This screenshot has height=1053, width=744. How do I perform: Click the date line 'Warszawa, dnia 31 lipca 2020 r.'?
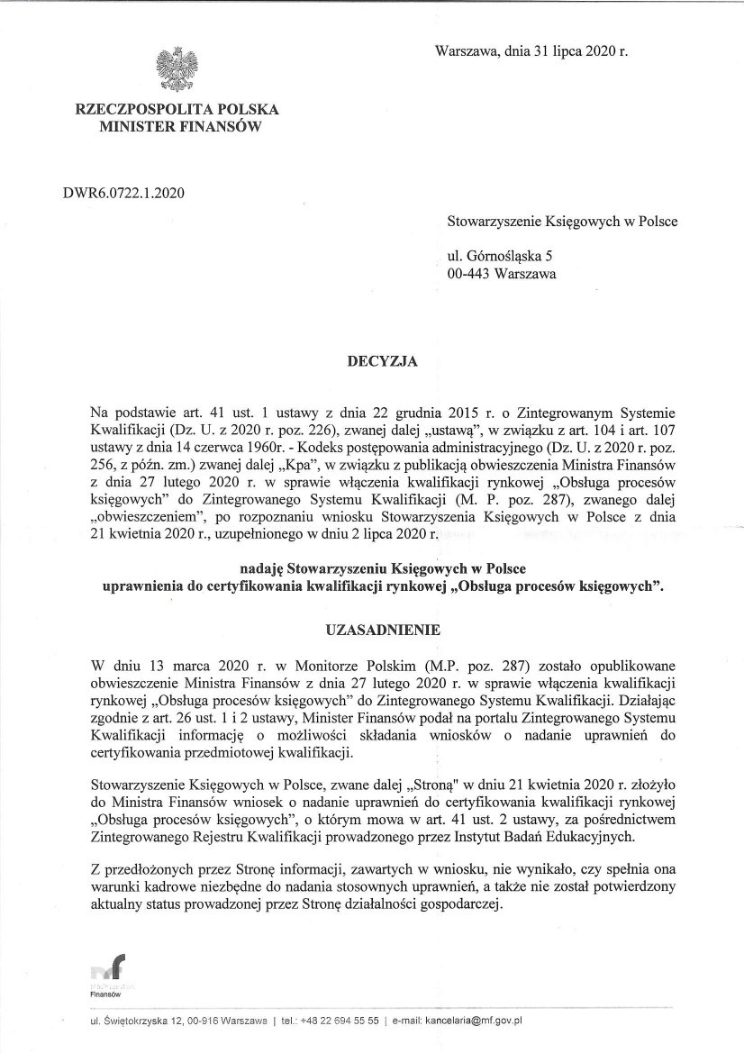(531, 51)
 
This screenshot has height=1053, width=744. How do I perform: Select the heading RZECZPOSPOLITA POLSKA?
(177, 110)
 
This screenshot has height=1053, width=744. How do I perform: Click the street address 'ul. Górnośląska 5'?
(500, 258)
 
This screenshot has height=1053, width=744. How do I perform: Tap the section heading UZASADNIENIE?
(371, 631)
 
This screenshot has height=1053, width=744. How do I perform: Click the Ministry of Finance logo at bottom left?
(109, 972)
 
